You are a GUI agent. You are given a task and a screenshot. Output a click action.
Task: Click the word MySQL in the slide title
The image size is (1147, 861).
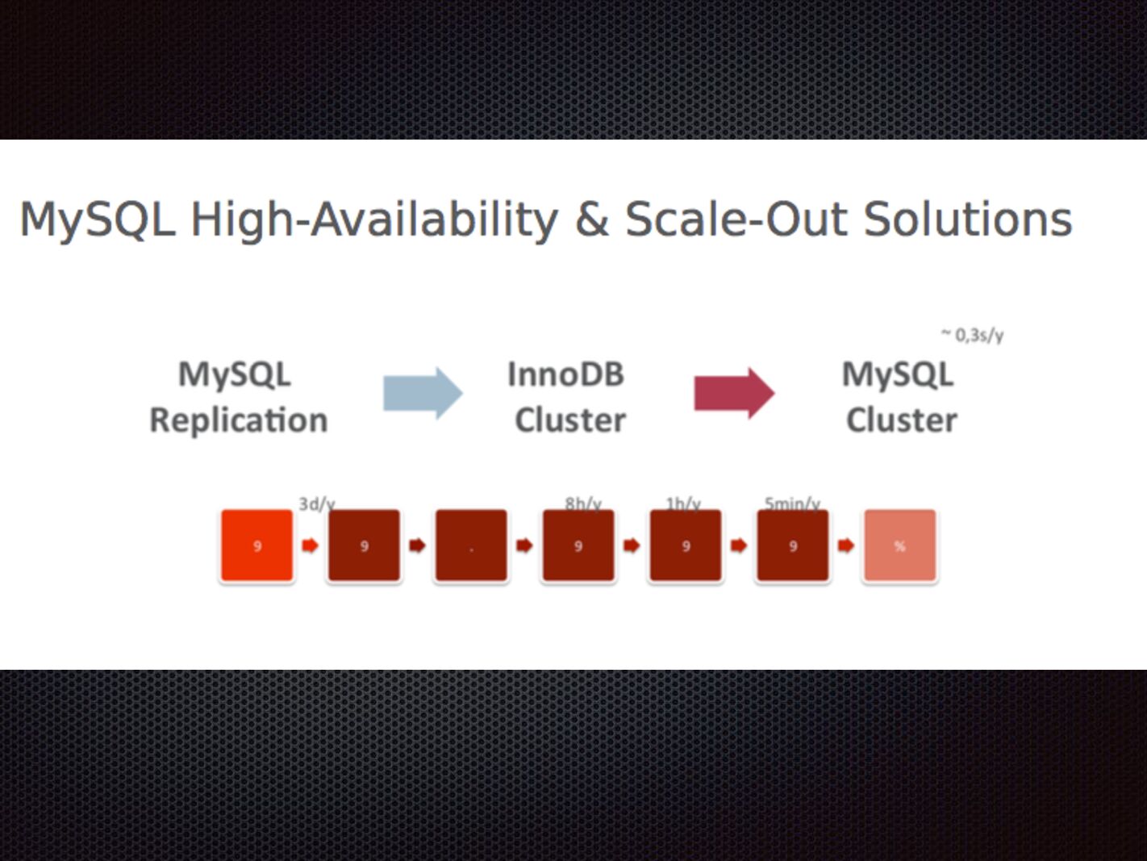(x=97, y=220)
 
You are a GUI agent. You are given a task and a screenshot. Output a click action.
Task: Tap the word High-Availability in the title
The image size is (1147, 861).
(x=373, y=220)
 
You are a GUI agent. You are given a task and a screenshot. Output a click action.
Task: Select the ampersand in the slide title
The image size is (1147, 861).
(x=591, y=220)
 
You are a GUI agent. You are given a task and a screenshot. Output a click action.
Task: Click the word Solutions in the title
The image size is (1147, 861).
(x=967, y=220)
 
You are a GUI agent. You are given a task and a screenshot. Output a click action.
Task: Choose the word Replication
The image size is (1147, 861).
(x=239, y=420)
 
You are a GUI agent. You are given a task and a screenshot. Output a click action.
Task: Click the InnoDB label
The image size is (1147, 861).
(x=565, y=374)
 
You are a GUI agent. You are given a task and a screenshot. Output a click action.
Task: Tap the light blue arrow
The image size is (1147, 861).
(x=423, y=393)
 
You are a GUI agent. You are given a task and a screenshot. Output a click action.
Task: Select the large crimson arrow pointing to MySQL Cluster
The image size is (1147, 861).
(x=734, y=393)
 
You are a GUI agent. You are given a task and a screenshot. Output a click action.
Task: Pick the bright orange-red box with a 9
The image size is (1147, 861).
(x=257, y=545)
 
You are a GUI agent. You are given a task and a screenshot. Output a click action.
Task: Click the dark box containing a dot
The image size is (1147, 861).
(x=471, y=545)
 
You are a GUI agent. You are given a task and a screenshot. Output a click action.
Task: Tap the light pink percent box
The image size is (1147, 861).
(x=899, y=545)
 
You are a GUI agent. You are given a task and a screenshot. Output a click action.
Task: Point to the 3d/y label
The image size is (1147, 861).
(x=316, y=504)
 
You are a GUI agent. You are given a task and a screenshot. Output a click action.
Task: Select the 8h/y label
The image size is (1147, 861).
(x=582, y=504)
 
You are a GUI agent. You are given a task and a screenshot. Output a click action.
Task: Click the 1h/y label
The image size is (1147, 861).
(x=683, y=504)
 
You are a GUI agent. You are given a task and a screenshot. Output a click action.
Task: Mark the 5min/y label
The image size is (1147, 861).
(x=792, y=504)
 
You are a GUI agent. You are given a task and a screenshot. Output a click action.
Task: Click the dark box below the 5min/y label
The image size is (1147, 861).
(x=792, y=545)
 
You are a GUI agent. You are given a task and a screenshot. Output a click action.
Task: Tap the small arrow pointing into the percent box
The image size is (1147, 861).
(x=845, y=546)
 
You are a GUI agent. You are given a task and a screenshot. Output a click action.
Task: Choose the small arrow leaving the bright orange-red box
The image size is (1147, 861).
(x=310, y=546)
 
